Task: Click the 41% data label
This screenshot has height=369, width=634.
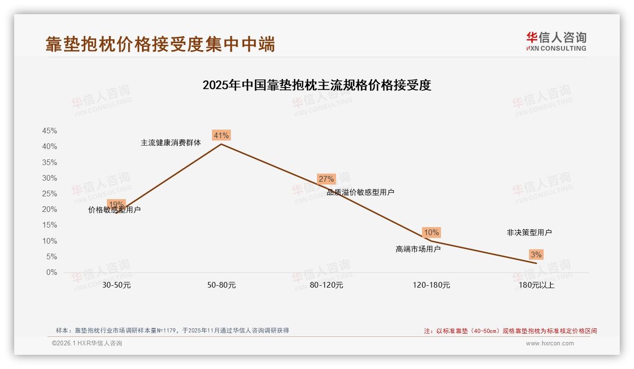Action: [x=221, y=136]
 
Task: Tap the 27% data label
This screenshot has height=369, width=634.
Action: [x=326, y=179]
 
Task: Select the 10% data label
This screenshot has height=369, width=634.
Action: [x=431, y=232]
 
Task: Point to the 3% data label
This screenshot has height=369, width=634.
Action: [x=536, y=255]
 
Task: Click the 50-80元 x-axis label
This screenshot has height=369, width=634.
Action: [x=221, y=285]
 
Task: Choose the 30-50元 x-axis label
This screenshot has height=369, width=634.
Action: [x=116, y=285]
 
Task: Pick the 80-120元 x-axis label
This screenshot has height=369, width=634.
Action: [x=326, y=285]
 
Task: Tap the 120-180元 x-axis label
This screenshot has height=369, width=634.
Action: [x=431, y=285]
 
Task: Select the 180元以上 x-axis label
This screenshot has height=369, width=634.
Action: [x=537, y=285]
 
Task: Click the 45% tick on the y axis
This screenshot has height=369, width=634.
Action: [x=50, y=131]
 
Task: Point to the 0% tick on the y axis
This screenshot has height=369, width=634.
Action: [x=52, y=272]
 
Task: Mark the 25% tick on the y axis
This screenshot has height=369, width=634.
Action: [x=50, y=193]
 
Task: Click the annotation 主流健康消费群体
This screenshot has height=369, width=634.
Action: [x=171, y=142]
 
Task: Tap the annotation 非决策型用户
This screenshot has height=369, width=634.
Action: [x=529, y=232]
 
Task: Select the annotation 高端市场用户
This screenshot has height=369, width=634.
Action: [x=418, y=249]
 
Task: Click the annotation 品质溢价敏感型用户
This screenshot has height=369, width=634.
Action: [x=361, y=192]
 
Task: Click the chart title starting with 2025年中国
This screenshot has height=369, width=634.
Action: [x=317, y=85]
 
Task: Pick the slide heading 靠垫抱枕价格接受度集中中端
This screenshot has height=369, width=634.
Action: [x=160, y=44]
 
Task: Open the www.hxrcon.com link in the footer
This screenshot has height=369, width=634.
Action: [x=550, y=343]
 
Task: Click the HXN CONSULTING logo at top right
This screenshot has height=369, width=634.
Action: [x=556, y=42]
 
